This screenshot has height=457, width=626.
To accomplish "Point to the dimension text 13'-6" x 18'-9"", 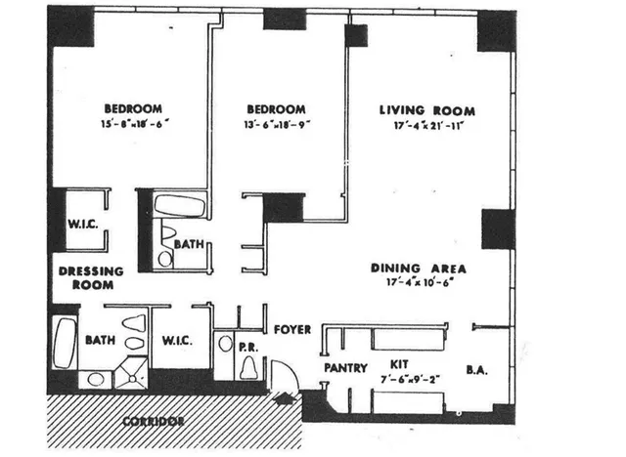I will click(275, 125).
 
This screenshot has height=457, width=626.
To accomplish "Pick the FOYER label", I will click(291, 330).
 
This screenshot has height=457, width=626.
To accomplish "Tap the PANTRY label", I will click(345, 369).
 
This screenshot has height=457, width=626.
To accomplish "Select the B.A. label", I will click(476, 370).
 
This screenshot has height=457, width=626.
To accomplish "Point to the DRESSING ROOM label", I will click(90, 278).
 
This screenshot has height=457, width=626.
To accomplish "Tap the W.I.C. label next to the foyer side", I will click(177, 341).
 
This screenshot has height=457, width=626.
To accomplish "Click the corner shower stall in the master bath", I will click(130, 374).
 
